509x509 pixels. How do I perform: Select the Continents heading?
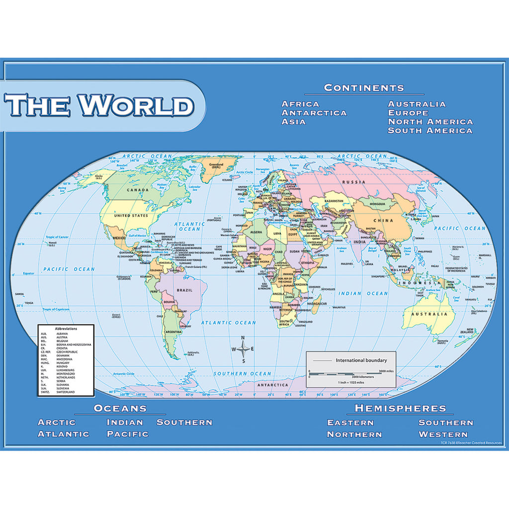[364, 88]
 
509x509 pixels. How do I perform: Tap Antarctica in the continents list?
[314, 113]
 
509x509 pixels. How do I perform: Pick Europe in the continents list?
[408, 113]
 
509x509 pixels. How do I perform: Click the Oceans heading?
[120, 409]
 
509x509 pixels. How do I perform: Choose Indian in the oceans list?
[125, 423]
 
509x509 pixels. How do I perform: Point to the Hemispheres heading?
[400, 409]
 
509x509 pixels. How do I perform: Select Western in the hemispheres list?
[443, 434]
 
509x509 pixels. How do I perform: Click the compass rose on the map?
[243, 348]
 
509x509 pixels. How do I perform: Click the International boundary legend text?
[361, 360]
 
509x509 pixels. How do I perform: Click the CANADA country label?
[138, 190]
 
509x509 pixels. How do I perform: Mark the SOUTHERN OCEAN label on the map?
[243, 374]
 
